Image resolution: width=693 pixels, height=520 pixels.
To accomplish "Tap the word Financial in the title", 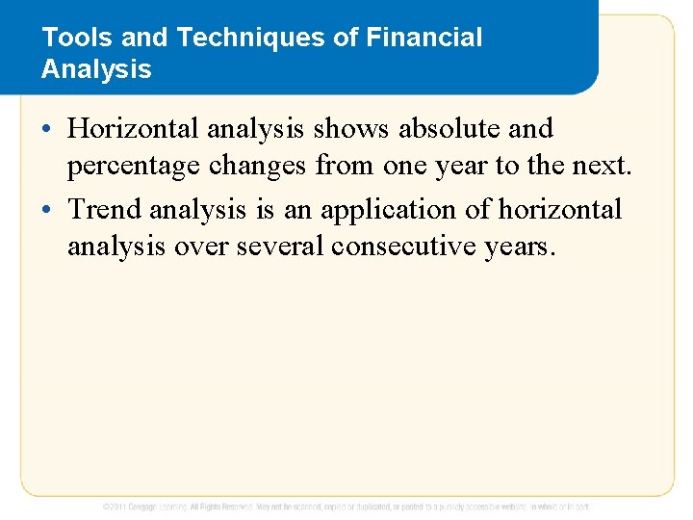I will click(426, 39).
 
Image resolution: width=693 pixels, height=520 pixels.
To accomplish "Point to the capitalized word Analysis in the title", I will click(96, 69).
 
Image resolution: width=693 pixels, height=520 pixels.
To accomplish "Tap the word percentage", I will click(132, 167).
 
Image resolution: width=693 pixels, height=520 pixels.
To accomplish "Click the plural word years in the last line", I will click(519, 247).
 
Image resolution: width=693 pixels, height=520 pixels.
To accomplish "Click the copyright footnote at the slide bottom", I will click(346, 506).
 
